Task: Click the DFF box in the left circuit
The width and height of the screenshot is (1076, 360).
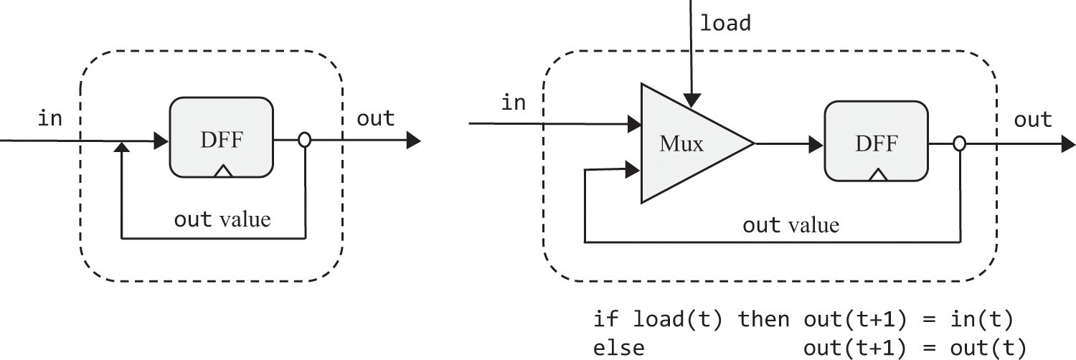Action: pos(221,140)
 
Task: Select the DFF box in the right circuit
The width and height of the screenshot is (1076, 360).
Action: pos(876,144)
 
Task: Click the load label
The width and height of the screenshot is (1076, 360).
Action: pos(725,23)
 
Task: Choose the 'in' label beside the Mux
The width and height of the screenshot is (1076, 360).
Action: pos(513,103)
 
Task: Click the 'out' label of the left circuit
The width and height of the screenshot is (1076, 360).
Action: pos(375,118)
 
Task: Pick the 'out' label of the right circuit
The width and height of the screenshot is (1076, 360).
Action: pos(1032,120)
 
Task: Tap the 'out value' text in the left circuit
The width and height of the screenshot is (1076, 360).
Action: pos(222,218)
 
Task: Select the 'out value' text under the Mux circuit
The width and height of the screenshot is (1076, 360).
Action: pos(790,225)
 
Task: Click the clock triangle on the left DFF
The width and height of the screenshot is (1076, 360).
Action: pos(224,171)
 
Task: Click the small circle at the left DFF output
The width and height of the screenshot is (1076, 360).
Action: pos(304,141)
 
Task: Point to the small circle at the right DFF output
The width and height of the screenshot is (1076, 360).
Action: pos(960,144)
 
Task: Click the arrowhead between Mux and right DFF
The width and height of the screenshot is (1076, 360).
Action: pos(816,144)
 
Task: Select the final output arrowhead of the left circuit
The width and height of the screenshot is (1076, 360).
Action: pos(413,141)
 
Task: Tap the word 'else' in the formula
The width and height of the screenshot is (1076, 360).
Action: pos(618,347)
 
